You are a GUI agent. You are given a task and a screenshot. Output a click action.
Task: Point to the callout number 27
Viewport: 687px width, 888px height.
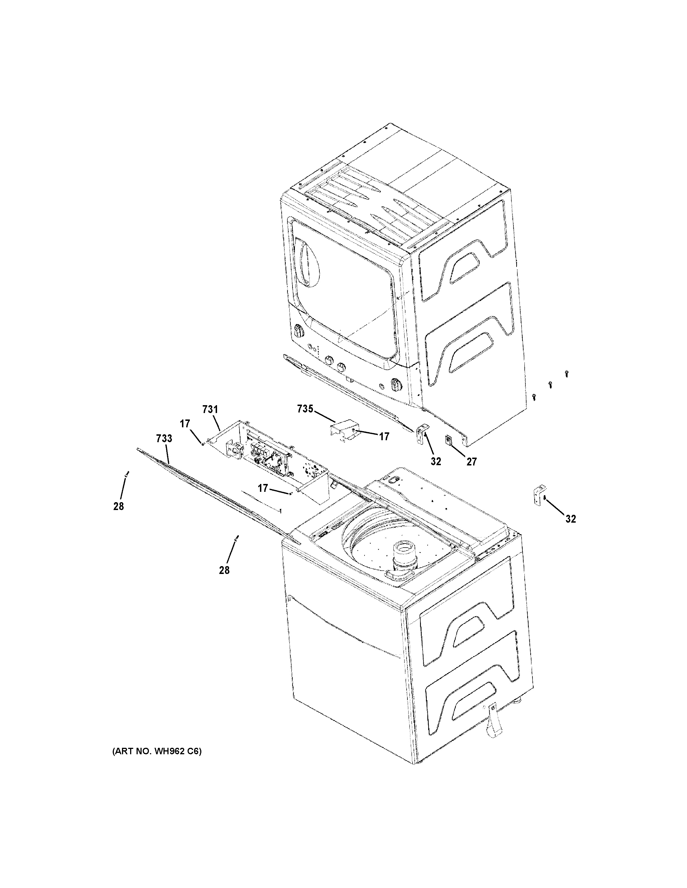pos(471,462)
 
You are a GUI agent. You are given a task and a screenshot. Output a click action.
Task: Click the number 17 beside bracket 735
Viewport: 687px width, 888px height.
pos(384,437)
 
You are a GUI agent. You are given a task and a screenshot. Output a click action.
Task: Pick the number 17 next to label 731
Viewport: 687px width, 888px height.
pos(185,424)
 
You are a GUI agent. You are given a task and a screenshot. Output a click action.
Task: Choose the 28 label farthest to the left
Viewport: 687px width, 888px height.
pos(118,507)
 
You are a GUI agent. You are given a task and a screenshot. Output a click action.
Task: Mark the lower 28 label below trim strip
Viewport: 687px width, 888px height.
pos(224,570)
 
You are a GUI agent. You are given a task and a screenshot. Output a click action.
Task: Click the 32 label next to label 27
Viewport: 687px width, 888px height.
pos(436,462)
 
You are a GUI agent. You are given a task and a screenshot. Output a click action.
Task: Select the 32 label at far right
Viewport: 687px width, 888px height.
pos(570,519)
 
